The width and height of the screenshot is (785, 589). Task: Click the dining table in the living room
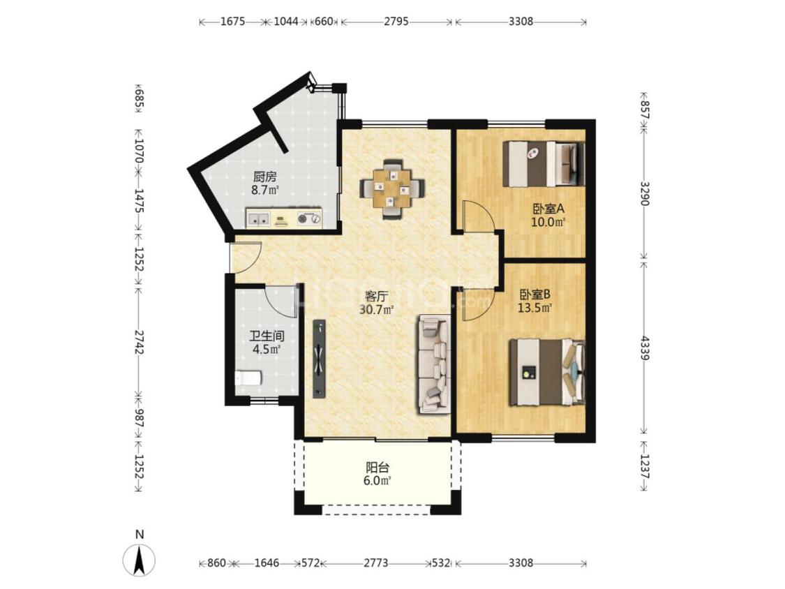tap(392, 188)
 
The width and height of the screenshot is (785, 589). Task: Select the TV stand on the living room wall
tap(319, 359)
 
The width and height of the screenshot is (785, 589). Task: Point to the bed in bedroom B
tap(546, 373)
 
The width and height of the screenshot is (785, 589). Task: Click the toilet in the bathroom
tap(248, 378)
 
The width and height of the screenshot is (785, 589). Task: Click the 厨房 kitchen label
tap(265, 177)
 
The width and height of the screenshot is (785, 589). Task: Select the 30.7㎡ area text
tap(377, 310)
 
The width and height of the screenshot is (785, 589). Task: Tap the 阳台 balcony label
tap(377, 468)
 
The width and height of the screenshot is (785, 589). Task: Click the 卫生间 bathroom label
tap(267, 336)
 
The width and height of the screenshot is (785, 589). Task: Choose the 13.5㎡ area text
tap(534, 308)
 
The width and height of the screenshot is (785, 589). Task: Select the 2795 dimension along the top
tap(396, 21)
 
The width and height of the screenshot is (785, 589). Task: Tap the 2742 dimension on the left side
tap(139, 343)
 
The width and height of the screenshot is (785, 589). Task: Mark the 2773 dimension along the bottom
tap(375, 563)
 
